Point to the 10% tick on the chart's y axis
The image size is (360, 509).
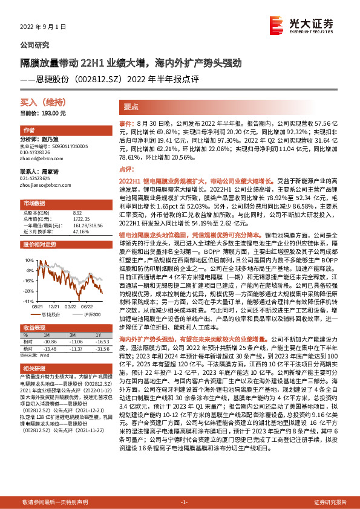point(28,259)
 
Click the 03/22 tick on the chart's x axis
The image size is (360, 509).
point(70,306)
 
